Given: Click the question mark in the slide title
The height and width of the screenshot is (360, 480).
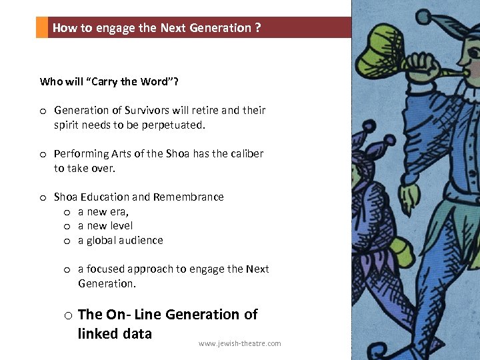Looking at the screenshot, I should [x=257, y=28].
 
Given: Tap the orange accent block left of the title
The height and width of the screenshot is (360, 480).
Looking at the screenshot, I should [x=42, y=27].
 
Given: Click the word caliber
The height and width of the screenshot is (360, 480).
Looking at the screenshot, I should [x=247, y=153].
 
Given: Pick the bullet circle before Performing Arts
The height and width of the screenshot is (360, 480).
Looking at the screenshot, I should [x=42, y=154].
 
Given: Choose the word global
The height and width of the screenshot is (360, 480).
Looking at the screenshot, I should [x=103, y=241].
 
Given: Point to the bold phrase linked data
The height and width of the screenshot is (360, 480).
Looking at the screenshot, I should [x=115, y=333].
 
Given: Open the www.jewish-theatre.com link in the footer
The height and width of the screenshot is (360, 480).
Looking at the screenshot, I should [x=239, y=344].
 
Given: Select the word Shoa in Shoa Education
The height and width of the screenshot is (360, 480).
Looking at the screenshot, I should [x=65, y=197].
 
